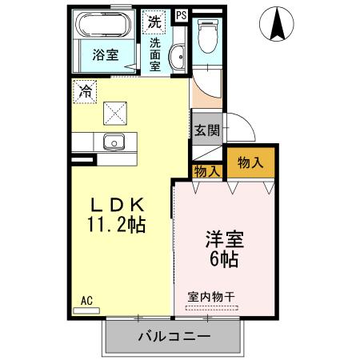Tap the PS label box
180,14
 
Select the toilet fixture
207,35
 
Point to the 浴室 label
105,56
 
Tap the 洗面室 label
154,55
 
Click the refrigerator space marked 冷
84,90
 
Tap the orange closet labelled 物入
250,162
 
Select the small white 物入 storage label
207,170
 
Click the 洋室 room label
225,239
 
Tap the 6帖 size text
226,259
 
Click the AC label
87,302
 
